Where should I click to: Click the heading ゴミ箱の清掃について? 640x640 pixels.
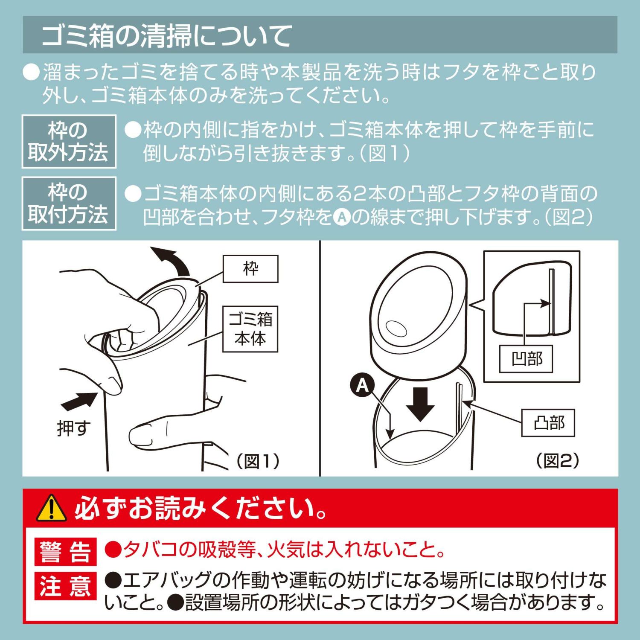coord(166,35)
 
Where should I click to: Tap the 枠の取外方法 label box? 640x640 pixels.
coord(69,141)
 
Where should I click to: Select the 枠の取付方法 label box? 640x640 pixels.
coord(69,204)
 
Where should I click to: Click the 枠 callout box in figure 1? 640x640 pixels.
coord(250,269)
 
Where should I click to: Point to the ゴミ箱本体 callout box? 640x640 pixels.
coord(250,329)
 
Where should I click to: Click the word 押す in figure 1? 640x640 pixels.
coord(74,428)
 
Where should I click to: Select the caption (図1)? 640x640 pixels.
coord(259,461)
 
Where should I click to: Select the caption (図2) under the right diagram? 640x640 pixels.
coord(558,461)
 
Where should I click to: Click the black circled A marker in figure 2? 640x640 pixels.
coord(362,386)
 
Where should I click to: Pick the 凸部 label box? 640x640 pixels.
coord(548,423)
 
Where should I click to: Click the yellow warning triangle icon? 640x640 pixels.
coord(51,508)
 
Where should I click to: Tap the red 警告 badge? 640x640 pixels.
coord(65,552)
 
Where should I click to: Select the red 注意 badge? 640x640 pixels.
coord(65,586)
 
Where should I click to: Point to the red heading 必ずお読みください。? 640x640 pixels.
coord(201,508)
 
